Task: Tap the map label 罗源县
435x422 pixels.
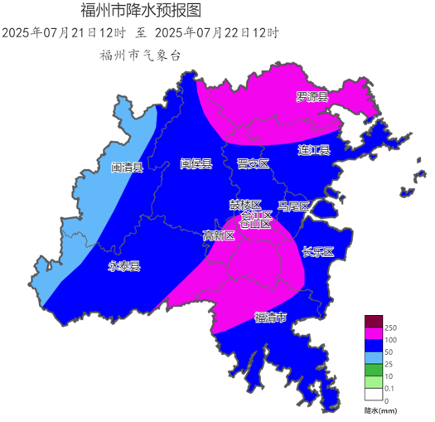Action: point(312,97)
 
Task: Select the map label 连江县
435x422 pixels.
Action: point(314,150)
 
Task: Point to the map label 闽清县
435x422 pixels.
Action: point(127,167)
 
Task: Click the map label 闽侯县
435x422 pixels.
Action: point(196,163)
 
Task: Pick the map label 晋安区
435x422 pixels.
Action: point(253,164)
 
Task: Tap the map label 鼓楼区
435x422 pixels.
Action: point(245,204)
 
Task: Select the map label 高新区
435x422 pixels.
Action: point(219,235)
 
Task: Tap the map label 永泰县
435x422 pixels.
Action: point(124,267)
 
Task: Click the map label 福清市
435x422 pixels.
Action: point(270,318)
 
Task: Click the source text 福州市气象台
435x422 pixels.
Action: point(139,55)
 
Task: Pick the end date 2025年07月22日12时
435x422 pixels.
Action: point(217,33)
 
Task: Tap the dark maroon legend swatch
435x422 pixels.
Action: point(374,322)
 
